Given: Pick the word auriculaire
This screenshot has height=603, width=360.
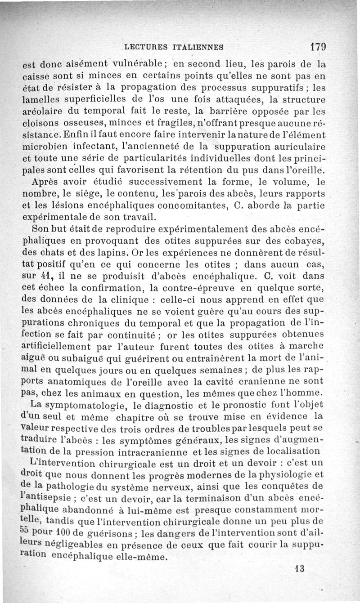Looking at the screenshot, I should pos(298,147).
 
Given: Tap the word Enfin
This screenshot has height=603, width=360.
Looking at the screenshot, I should pos(75,134).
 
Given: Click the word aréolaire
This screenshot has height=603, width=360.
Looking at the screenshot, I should pos(43,110).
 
